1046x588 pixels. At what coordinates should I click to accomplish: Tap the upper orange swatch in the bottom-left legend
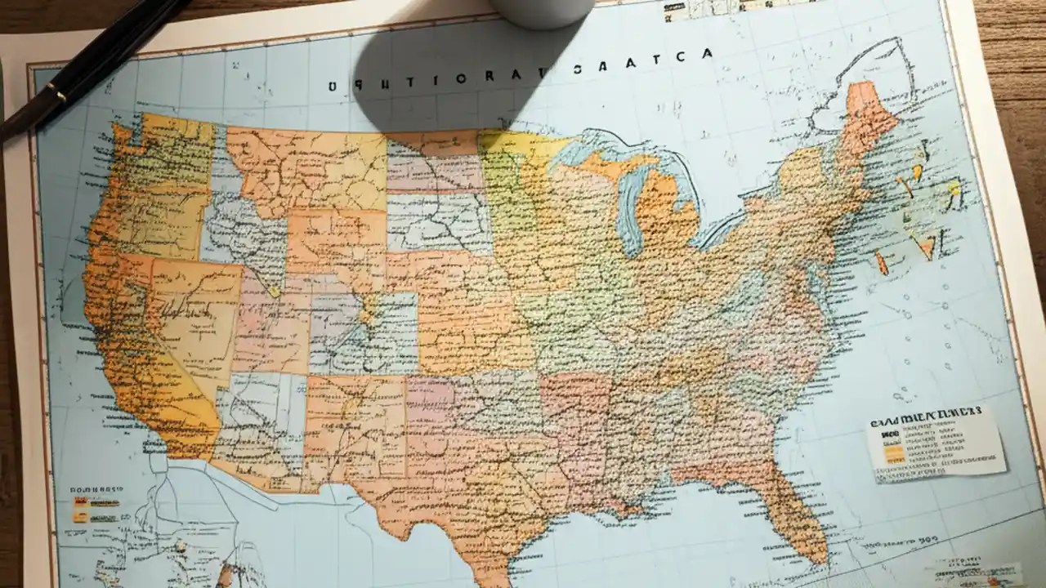[81, 501]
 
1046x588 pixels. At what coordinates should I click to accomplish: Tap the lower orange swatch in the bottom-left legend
[80, 516]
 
